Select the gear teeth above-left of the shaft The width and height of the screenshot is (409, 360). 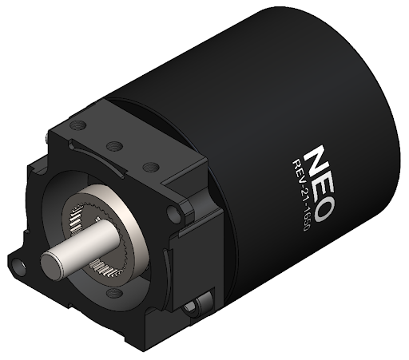click(x=73, y=214)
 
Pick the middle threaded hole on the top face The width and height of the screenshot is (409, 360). click(x=114, y=146)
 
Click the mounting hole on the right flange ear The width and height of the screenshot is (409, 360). click(x=175, y=213)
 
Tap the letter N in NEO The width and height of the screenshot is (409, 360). click(x=317, y=156)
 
